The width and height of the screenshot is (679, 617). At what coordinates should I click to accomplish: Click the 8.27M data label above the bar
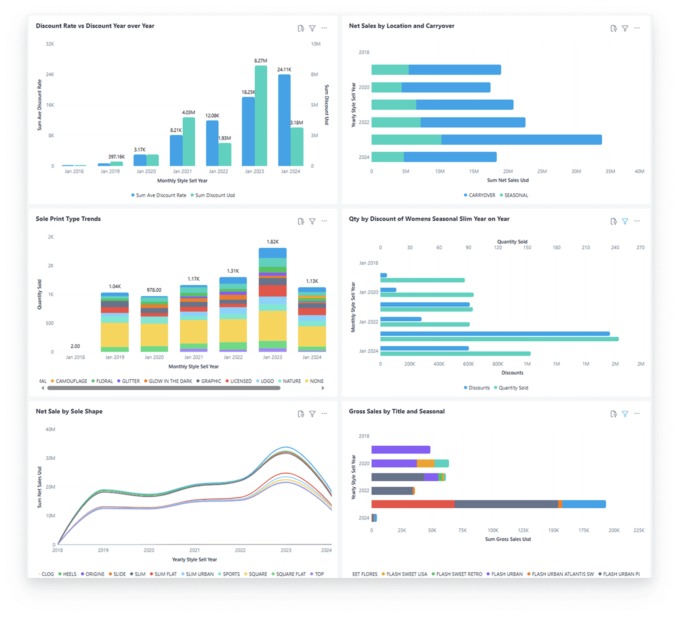261,61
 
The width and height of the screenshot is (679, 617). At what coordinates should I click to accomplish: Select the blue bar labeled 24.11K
284,120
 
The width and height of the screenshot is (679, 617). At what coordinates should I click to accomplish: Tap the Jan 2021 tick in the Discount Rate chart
182,171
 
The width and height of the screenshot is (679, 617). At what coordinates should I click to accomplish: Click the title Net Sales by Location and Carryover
401,26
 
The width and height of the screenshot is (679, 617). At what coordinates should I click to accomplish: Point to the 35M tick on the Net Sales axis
610,171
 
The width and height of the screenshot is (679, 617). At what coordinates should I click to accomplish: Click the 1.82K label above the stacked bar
272,242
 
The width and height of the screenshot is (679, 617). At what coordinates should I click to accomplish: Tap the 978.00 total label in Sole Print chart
154,290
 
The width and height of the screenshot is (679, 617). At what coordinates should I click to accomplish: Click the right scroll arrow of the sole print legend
323,388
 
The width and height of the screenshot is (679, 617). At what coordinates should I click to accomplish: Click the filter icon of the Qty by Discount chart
625,221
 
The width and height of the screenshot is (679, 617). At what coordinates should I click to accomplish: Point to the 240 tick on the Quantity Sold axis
615,247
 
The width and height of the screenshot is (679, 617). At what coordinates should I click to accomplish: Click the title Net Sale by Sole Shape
69,412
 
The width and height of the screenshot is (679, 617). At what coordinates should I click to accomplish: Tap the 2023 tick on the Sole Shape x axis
286,550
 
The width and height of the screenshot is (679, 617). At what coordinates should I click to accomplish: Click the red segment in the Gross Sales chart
413,504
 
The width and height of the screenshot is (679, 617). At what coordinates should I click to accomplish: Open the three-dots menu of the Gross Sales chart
637,414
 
